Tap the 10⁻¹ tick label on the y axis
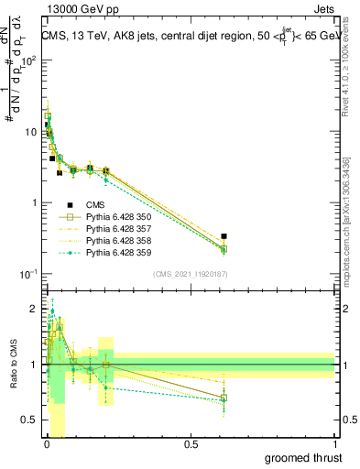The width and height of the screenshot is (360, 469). pyautogui.click(x=28, y=274)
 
